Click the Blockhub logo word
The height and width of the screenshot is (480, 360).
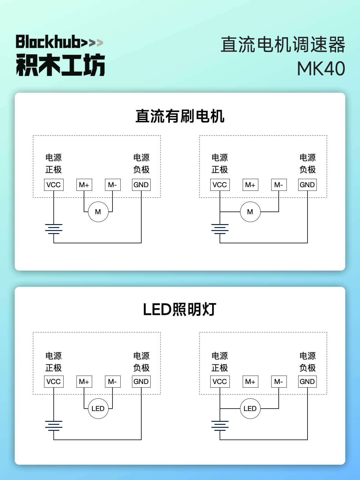coord(48,42)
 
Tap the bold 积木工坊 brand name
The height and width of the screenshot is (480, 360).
coord(60,65)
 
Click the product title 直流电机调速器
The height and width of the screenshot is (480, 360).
coord(283,45)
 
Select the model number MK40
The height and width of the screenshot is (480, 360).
coord(321,69)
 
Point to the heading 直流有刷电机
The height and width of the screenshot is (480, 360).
coord(180,116)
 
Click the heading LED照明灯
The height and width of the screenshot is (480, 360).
coord(180,310)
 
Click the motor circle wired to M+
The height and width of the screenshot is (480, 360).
coord(98,212)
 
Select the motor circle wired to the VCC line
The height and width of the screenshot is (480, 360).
coord(250,212)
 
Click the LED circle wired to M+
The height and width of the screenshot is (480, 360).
coord(98,409)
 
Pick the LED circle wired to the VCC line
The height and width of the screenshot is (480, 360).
coord(250,409)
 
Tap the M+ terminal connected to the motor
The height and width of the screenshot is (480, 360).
coord(84,185)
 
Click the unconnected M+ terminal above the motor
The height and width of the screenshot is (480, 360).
coord(250,185)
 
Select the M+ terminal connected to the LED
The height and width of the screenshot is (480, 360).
coord(84,382)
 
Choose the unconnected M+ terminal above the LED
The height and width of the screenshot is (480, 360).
coord(250,382)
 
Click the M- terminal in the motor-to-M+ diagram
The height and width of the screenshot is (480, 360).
coord(112,185)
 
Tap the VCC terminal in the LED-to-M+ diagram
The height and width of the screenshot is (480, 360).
coord(54,382)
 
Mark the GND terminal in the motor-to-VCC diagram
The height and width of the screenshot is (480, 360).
coord(307,185)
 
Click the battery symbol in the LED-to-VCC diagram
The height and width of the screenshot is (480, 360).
coord(220,426)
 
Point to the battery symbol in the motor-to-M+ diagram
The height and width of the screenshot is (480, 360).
coord(54,229)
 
